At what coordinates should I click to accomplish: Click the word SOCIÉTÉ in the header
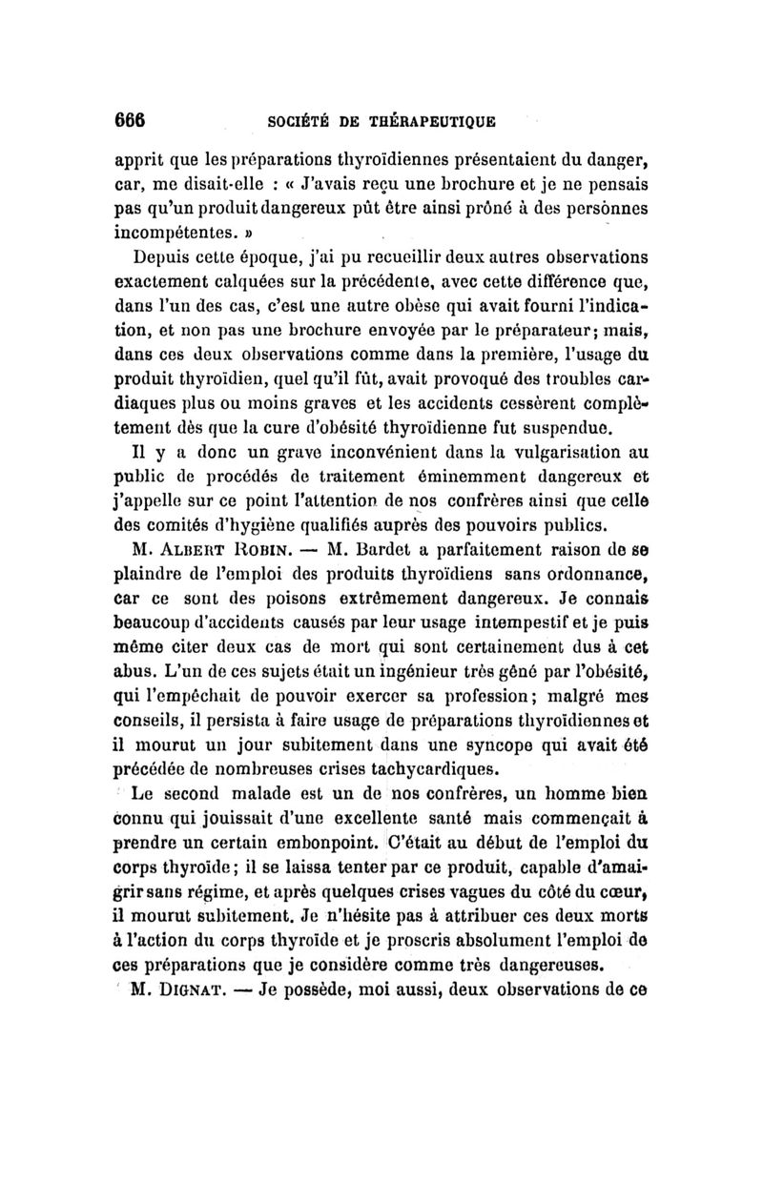(x=302, y=123)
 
